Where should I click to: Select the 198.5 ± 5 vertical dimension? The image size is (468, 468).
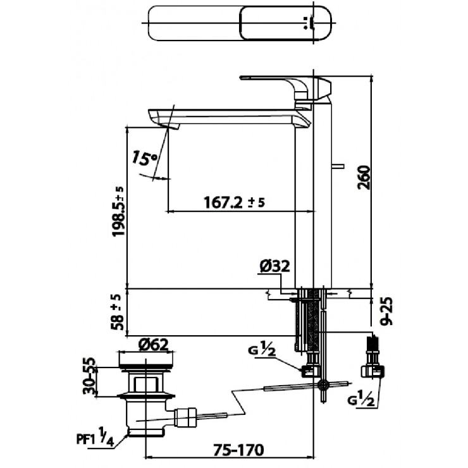coord(118,211)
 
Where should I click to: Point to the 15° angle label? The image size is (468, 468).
coord(145,157)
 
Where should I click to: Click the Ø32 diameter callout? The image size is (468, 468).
coord(274,266)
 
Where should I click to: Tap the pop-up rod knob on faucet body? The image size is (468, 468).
coord(339,168)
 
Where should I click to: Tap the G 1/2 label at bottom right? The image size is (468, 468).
coord(360,400)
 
